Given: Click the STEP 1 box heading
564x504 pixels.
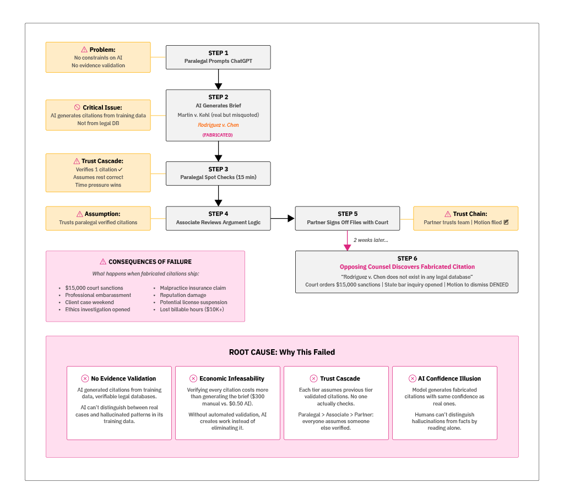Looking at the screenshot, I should click(218, 53).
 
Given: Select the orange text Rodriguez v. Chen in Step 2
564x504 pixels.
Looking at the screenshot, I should click(218, 125).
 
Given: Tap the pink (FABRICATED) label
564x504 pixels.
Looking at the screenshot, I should click(218, 135).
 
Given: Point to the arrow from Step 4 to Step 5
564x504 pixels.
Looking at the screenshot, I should click(283, 219).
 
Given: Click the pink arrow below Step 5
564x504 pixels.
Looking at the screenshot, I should click(347, 240).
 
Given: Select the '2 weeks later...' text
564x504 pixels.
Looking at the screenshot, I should click(371, 240).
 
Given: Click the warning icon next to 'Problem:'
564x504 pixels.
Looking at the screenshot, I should click(84, 50).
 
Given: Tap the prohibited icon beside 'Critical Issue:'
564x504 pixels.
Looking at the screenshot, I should click(77, 107).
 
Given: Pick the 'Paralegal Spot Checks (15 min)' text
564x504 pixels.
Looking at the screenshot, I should click(218, 177).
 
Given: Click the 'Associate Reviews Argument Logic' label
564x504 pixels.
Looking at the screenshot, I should click(218, 222).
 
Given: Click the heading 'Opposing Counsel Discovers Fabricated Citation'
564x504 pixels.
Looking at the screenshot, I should click(407, 267).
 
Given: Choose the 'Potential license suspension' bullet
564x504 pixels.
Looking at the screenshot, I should click(193, 302).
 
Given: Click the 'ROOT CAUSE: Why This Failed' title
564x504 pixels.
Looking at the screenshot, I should click(282, 352).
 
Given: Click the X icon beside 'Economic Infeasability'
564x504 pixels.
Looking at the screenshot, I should click(193, 378).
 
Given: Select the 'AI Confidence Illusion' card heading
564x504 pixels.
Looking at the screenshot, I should click(449, 378).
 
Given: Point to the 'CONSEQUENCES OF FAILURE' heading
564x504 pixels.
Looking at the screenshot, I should click(150, 262).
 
